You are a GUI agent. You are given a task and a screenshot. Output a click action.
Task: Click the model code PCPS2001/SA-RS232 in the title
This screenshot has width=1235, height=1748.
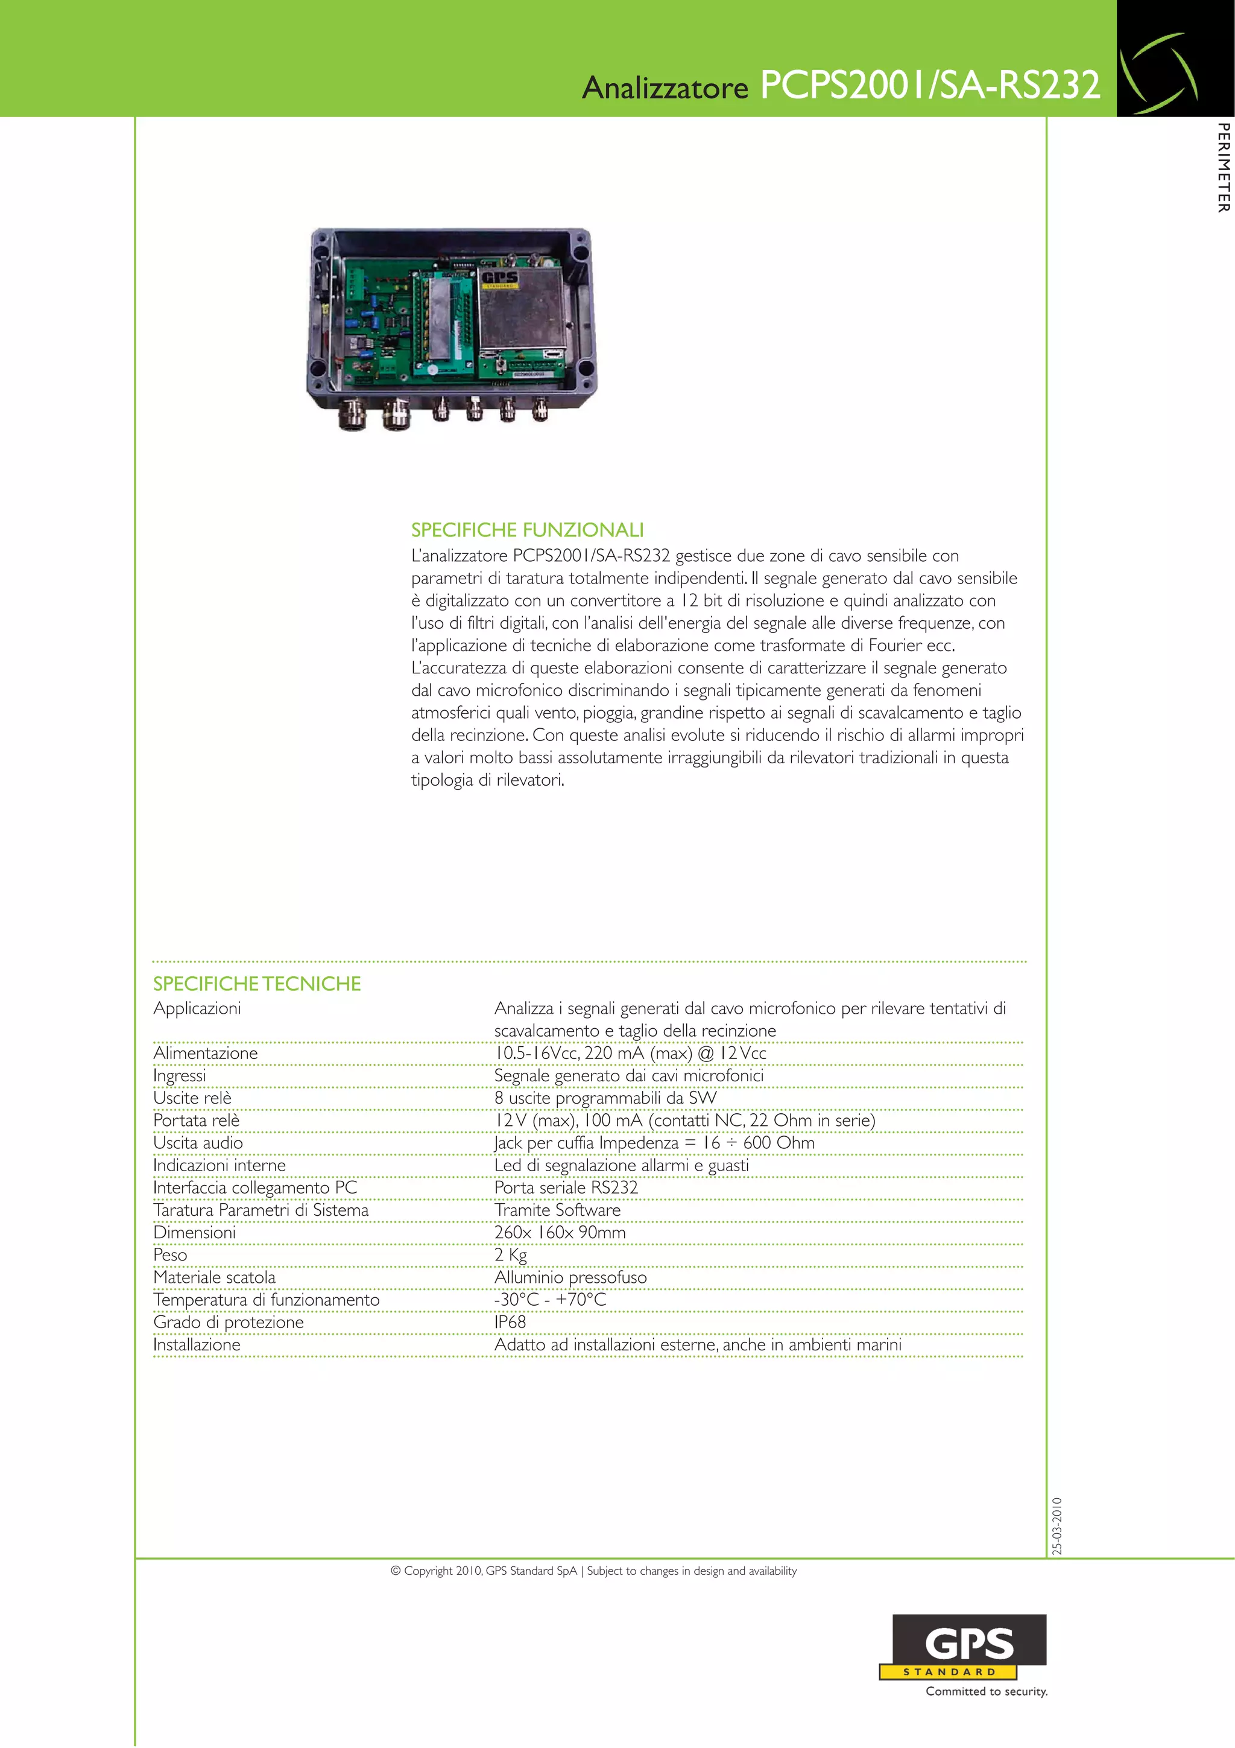coord(930,85)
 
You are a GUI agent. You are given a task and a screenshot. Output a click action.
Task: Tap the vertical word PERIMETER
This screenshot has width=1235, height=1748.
coord(1223,168)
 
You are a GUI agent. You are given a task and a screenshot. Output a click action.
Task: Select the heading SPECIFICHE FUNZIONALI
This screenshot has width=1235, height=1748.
coord(527,530)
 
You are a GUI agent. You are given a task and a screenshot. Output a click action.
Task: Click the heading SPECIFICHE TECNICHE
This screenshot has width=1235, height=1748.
coord(257,984)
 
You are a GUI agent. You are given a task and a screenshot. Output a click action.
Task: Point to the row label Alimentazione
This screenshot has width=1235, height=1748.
coord(206,1053)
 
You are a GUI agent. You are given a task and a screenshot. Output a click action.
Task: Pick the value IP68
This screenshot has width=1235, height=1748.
coord(510,1323)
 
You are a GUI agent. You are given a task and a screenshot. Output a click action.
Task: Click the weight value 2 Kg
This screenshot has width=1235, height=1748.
coord(511,1254)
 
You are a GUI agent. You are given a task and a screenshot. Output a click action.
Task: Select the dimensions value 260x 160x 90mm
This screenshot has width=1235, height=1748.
coord(560,1233)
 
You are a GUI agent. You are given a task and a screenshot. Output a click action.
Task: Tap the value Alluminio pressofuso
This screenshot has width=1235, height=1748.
coord(570,1277)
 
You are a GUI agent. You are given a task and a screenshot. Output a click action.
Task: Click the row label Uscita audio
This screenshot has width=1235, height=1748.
coord(198,1143)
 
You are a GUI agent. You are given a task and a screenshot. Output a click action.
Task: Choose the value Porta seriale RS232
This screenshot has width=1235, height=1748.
coord(566,1187)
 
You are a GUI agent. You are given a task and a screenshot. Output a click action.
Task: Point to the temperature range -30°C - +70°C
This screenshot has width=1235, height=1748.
coord(550,1300)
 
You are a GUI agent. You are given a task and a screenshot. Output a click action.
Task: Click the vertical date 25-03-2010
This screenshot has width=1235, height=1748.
coord(1057,1527)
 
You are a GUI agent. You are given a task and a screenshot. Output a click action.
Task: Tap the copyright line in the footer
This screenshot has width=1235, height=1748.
coord(593,1571)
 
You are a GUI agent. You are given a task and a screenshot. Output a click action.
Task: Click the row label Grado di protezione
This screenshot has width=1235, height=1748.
coord(229,1323)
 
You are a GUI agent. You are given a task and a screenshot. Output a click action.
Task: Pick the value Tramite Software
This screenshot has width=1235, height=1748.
coord(557,1210)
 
